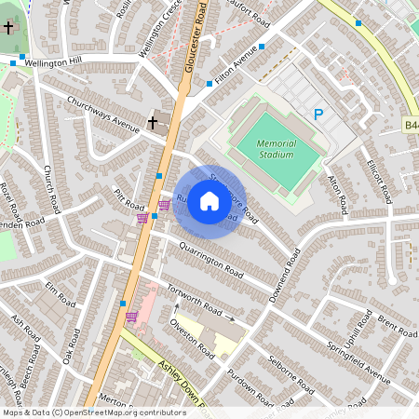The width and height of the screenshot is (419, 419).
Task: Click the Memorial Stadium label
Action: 277,148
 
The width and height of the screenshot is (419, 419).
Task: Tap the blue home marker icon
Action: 209,201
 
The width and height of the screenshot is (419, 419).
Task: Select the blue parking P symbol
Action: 318,115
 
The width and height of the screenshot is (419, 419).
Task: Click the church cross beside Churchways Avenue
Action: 153,121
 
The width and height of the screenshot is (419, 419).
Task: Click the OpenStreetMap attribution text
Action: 93,412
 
